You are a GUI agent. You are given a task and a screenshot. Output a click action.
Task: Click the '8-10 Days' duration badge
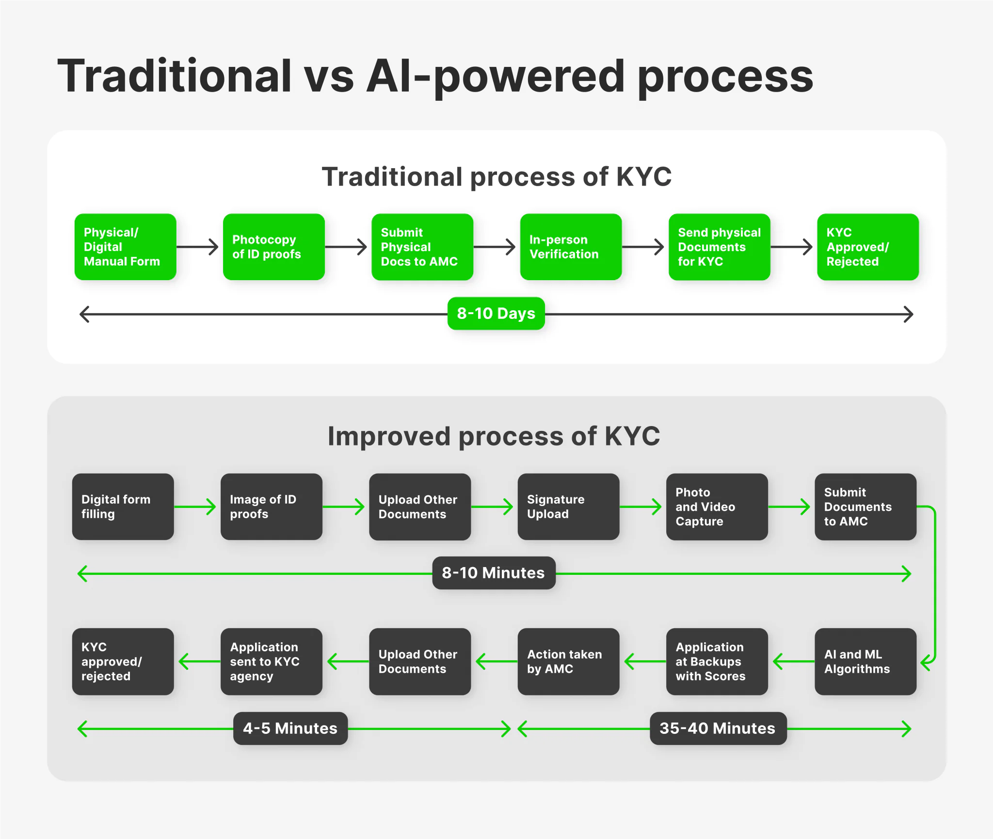pos(496,314)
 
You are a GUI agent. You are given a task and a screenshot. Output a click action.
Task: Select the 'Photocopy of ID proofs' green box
pos(273,247)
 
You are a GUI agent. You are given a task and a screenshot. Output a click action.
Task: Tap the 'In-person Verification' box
pos(570,247)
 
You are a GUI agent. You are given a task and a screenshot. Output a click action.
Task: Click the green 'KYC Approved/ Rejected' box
pos(867,247)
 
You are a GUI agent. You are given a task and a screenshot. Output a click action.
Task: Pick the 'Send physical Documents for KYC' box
pos(719,247)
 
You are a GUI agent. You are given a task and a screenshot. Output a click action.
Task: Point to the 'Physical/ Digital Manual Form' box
pos(125,247)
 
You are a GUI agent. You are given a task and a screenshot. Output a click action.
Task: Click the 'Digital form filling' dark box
pos(123,507)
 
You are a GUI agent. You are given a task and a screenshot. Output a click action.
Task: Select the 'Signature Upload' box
pos(568,507)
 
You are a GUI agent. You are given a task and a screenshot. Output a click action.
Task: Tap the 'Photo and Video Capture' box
pos(717,507)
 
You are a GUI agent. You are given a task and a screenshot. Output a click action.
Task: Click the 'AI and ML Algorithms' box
pos(865,662)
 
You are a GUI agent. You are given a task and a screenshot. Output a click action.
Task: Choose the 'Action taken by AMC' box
pos(568,662)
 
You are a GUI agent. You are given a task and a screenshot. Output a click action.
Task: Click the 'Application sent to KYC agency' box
pos(271,662)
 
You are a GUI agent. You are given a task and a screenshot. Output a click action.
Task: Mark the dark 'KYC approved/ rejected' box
pos(123,662)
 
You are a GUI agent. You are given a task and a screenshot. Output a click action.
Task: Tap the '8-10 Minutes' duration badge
pos(493,573)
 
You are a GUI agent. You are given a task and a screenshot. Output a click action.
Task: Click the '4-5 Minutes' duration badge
pos(290,728)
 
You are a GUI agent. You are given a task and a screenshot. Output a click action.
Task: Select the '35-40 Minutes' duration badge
pos(718,728)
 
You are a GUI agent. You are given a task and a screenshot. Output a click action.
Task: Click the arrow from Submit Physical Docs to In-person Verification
pos(495,247)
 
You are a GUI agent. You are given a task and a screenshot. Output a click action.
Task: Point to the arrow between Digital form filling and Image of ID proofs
pos(195,507)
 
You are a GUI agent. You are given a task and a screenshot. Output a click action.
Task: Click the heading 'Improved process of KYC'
pos(494,436)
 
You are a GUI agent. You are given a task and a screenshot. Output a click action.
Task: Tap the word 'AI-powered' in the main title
pos(495,76)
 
